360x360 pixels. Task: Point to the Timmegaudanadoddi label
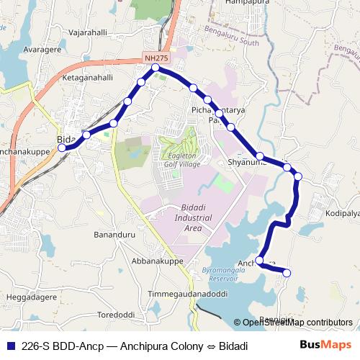tap(187, 294)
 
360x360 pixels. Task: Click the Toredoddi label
tap(116, 315)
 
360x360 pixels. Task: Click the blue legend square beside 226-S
tap(9, 346)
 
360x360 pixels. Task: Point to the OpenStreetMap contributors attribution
tap(297, 323)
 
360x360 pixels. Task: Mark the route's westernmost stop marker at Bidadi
tap(62, 148)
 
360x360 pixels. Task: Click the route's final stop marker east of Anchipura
tap(287, 273)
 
